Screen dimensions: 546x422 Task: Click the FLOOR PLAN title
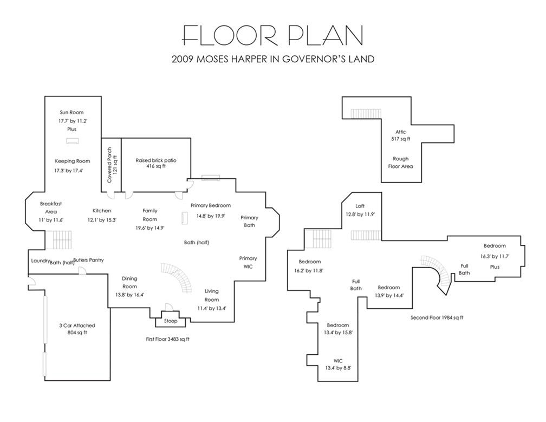click(x=273, y=35)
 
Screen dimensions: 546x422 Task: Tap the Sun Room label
click(x=71, y=113)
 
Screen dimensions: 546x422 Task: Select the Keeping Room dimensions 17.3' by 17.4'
click(x=69, y=171)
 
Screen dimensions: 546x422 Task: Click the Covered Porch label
click(x=109, y=165)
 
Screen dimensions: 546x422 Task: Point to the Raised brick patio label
click(x=156, y=160)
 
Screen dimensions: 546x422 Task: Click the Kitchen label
click(x=102, y=211)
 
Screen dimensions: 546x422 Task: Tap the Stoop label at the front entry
click(x=171, y=321)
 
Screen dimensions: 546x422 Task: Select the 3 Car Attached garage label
click(x=77, y=326)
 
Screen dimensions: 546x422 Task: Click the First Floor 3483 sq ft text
click(x=167, y=339)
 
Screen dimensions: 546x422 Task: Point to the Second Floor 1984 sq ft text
click(x=437, y=317)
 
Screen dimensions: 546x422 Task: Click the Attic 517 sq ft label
click(x=400, y=135)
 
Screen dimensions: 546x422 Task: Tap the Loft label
click(x=360, y=206)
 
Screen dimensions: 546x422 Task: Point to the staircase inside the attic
click(x=366, y=114)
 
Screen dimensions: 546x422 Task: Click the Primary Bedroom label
click(x=210, y=205)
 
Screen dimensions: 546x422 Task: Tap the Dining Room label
click(x=129, y=282)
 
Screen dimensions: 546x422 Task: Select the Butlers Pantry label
click(x=88, y=260)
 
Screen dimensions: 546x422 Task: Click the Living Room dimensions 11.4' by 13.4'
click(x=212, y=308)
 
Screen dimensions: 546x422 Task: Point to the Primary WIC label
click(x=248, y=263)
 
